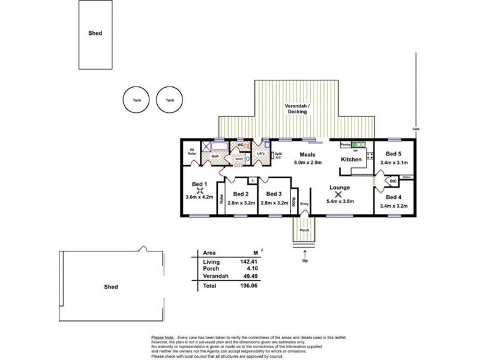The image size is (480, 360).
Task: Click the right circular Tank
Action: coord(169,100)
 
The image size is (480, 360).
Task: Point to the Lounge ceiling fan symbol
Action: coord(339,194)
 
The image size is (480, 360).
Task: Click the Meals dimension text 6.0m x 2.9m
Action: coord(308,163)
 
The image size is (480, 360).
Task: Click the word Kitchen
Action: coord(350,160)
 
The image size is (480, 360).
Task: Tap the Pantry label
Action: coord(345,145)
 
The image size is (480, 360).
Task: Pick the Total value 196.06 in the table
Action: coord(251,287)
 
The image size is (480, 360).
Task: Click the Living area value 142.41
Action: coord(251,262)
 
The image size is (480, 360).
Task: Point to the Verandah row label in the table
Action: coord(214,277)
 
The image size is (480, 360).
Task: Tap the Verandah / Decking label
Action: coord(296,109)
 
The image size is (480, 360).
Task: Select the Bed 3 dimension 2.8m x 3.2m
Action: coord(273,203)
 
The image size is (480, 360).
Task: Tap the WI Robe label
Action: coord(192,152)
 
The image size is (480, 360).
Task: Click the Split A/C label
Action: coord(278,155)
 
